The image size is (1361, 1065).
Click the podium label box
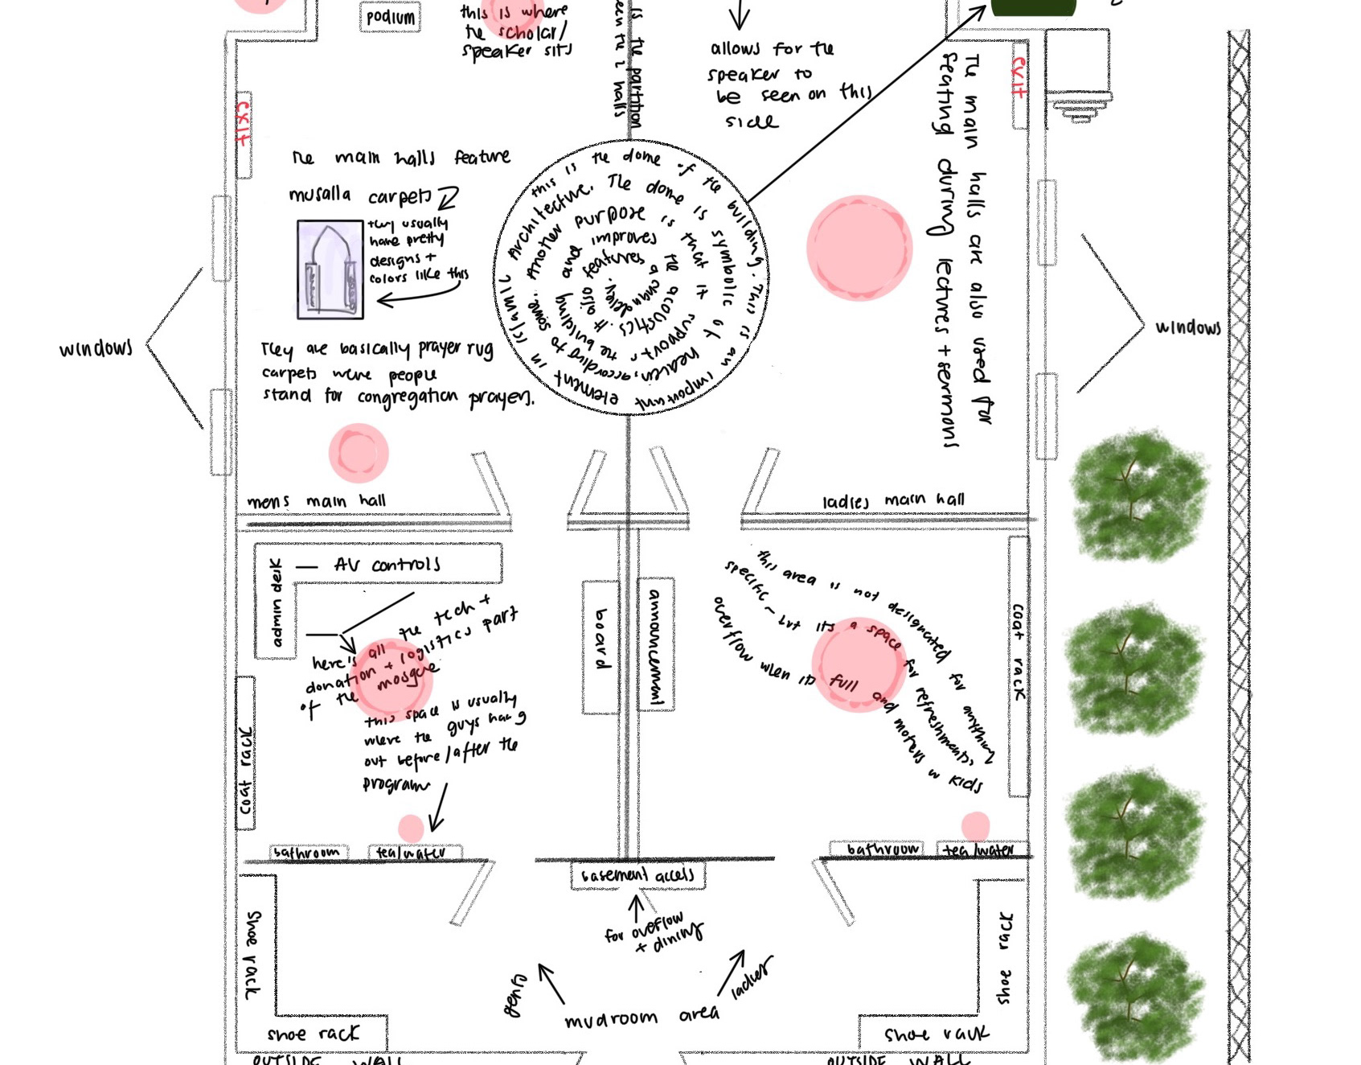391,17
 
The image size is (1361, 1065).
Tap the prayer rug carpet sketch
330,269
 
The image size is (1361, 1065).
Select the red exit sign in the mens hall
242,123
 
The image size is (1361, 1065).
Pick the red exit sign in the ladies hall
1019,77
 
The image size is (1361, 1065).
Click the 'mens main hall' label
316,501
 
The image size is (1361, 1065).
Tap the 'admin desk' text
277,602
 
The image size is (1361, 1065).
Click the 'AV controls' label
387,565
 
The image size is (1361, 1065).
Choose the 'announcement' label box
655,644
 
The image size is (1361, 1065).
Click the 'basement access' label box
637,875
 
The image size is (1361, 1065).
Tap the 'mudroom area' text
642,1018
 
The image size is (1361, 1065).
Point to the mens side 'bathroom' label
307,852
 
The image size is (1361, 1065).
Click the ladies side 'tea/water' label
978,849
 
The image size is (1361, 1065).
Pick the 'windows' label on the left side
96,348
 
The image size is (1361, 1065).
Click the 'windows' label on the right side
1187,327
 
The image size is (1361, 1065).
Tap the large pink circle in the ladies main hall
859,248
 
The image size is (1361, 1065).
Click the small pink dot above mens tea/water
411,827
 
